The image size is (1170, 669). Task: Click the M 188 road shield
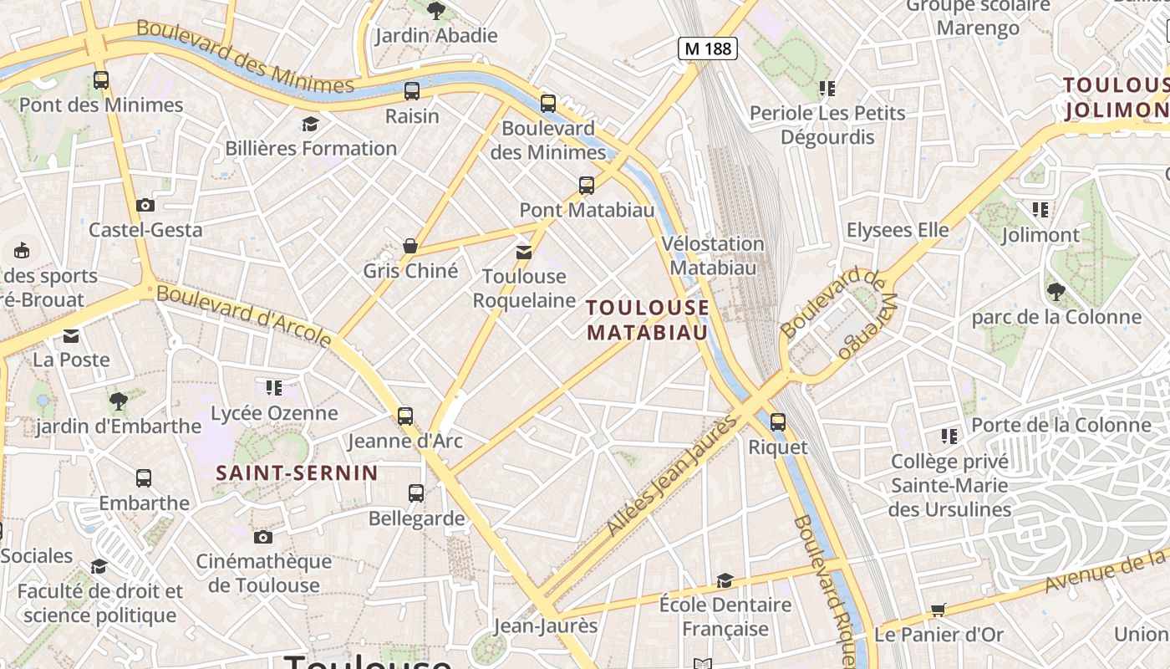tap(707, 49)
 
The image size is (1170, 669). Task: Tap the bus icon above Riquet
tap(778, 422)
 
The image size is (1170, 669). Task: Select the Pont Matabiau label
tap(587, 209)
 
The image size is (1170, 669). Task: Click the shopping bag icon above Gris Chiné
tap(410, 246)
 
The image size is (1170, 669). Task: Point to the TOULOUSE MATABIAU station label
tap(648, 319)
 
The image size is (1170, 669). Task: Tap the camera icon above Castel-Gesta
tap(145, 205)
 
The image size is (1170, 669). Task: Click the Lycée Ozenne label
tap(274, 413)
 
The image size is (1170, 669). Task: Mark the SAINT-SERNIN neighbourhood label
tap(298, 473)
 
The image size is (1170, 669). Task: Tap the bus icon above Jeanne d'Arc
tap(405, 416)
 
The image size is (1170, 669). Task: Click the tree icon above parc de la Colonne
tap(1056, 292)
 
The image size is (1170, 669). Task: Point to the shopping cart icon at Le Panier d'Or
tap(939, 610)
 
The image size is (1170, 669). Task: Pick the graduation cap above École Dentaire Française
tap(725, 580)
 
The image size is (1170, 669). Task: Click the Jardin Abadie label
tap(435, 35)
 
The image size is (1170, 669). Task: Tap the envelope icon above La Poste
tap(71, 336)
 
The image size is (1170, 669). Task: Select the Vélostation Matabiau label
tap(713, 255)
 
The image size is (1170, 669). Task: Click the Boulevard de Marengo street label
tap(841, 313)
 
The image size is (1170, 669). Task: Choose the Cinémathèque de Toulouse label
tap(264, 573)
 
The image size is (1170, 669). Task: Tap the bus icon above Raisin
tap(412, 90)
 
